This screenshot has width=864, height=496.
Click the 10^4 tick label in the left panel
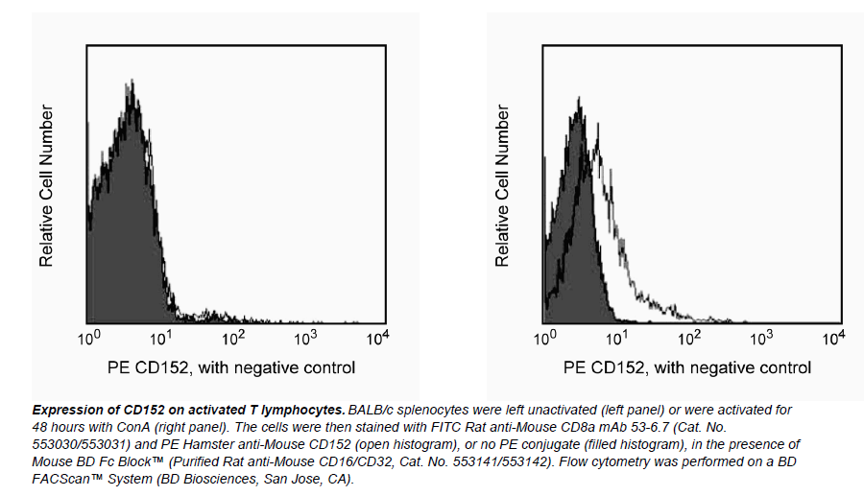[x=377, y=338]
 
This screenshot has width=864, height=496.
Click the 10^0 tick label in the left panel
[x=89, y=338]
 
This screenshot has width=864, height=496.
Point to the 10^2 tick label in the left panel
[x=233, y=338]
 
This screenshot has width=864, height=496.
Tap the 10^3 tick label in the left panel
[x=305, y=338]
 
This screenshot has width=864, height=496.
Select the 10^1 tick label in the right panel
[x=617, y=338]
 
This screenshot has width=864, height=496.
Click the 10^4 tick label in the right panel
[x=833, y=338]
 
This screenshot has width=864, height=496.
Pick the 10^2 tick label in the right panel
[x=689, y=338]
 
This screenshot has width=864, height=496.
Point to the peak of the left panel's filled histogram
[x=131, y=85]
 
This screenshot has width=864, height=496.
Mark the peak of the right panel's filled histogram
[x=579, y=100]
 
